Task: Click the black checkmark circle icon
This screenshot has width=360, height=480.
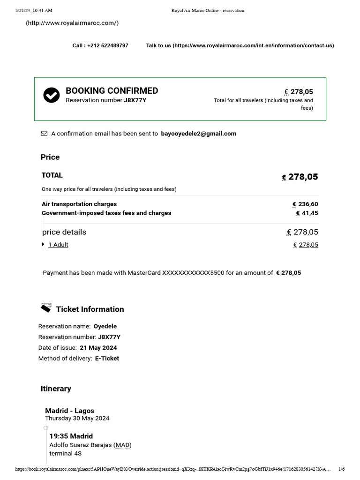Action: (52, 95)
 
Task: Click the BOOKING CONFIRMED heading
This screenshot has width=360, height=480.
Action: (112, 91)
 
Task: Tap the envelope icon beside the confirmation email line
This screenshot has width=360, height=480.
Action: (44, 134)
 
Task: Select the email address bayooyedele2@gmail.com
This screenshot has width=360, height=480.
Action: (198, 134)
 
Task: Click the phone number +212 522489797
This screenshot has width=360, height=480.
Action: (107, 45)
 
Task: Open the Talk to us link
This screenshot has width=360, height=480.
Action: (240, 45)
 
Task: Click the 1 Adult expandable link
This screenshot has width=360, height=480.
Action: (58, 245)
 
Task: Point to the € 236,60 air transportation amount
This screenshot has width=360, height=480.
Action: (305, 204)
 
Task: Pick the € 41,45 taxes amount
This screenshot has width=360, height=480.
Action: (307, 213)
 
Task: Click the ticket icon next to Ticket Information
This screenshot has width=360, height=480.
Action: (46, 308)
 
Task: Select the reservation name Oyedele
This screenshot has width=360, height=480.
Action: (105, 326)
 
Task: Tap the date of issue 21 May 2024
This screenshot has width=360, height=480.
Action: (98, 348)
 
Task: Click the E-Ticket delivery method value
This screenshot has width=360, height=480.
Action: (107, 359)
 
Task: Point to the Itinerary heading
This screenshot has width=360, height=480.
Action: (56, 389)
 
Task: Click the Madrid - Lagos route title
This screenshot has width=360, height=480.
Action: (69, 411)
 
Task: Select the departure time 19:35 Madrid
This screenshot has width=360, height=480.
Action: (71, 436)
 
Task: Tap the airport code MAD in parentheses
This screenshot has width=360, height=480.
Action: (123, 445)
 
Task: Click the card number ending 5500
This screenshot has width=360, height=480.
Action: (193, 273)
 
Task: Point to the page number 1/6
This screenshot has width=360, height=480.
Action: (341, 469)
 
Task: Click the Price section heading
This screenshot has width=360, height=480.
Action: (50, 157)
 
